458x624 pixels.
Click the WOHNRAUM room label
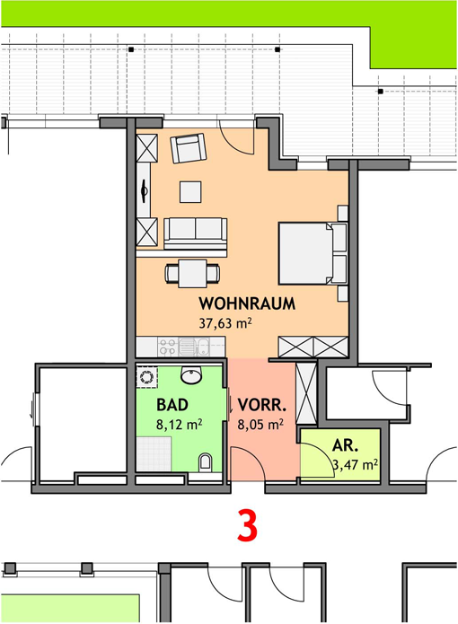pyautogui.click(x=247, y=303)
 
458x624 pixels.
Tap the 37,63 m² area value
pyautogui.click(x=225, y=322)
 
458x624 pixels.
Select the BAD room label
pyautogui.click(x=172, y=405)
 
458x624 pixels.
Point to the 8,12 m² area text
pyautogui.click(x=179, y=424)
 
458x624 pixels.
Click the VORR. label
pyautogui.click(x=262, y=405)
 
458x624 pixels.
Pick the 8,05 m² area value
pyautogui.click(x=260, y=424)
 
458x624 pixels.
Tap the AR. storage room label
pyautogui.click(x=345, y=445)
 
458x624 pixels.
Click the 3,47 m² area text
pyautogui.click(x=355, y=465)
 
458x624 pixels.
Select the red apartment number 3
pyautogui.click(x=247, y=526)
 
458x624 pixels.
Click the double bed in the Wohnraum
pyautogui.click(x=313, y=253)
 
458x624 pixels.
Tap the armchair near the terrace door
pyautogui.click(x=189, y=148)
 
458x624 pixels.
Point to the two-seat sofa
pyautogui.click(x=196, y=233)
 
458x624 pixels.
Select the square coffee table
pyautogui.click(x=190, y=192)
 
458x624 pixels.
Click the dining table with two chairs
pyautogui.click(x=192, y=274)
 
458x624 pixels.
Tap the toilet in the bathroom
pyautogui.click(x=205, y=462)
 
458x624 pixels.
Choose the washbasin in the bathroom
pyautogui.click(x=191, y=374)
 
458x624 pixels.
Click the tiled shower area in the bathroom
pyautogui.click(x=154, y=454)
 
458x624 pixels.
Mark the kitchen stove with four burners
pyautogui.click(x=168, y=347)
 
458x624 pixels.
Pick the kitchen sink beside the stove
pyautogui.click(x=194, y=347)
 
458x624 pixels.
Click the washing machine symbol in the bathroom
pyautogui.click(x=147, y=377)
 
